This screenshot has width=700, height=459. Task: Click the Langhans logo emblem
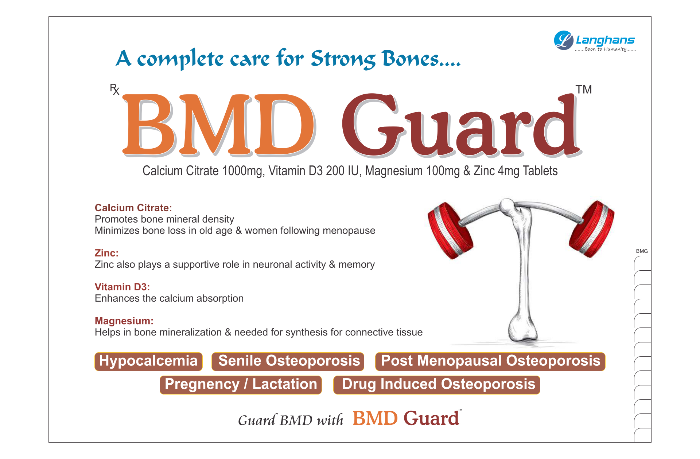(564, 40)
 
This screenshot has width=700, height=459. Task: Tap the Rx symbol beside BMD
(114, 89)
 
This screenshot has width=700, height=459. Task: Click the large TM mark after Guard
(583, 89)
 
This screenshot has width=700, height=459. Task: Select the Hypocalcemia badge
(148, 361)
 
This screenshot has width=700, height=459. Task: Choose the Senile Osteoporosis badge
(288, 361)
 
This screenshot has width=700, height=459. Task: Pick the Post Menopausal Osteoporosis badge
(490, 361)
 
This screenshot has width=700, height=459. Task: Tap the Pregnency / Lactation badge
(241, 385)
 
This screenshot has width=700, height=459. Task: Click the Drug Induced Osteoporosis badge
(437, 385)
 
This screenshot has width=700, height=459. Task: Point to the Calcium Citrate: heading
(133, 208)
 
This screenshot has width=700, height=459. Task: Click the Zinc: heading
(106, 253)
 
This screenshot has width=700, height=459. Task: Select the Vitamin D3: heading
(122, 287)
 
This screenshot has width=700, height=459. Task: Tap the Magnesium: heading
(124, 321)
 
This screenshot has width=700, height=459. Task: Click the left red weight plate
(450, 230)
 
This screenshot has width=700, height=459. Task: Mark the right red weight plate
(592, 229)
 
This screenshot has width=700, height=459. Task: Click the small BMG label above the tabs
(642, 251)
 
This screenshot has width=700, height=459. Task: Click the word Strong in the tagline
(343, 59)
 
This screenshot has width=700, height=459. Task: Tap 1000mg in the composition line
(242, 171)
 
